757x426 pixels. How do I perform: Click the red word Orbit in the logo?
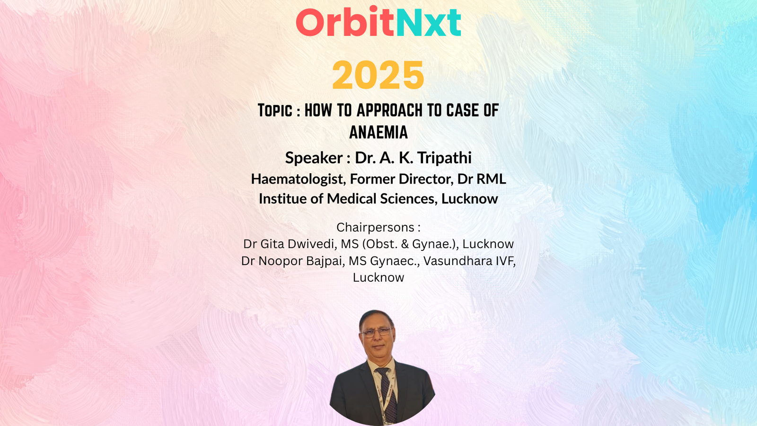[345, 22]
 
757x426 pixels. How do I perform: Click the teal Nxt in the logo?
[429, 22]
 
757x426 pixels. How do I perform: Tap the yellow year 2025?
[378, 75]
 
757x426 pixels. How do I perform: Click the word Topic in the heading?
[275, 111]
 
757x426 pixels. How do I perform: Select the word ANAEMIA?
[378, 132]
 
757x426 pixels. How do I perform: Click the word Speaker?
[314, 158]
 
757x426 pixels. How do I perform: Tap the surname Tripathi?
[444, 158]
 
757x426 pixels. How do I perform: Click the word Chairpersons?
[376, 228]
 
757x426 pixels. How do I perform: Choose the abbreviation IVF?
[505, 261]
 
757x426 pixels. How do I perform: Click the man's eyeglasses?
[377, 332]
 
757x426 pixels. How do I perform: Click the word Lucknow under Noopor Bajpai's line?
[378, 277]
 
